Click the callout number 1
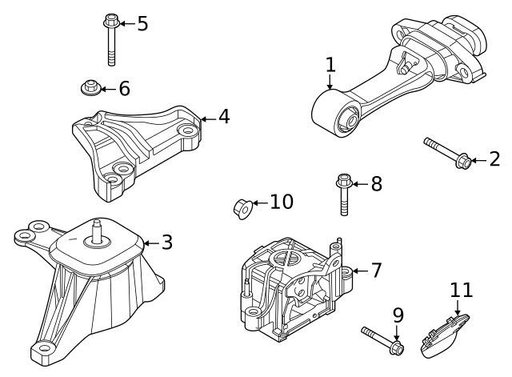pyautogui.click(x=330, y=64)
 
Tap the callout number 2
pyautogui.click(x=494, y=160)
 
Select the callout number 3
pyautogui.click(x=166, y=242)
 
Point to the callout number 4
pyautogui.click(x=223, y=117)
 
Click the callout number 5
pyautogui.click(x=142, y=23)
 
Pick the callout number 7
pyautogui.click(x=376, y=271)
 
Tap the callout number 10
pyautogui.click(x=281, y=202)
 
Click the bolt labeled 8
pyautogui.click(x=343, y=194)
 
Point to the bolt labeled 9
pyautogui.click(x=383, y=340)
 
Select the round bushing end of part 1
pyautogui.click(x=334, y=114)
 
